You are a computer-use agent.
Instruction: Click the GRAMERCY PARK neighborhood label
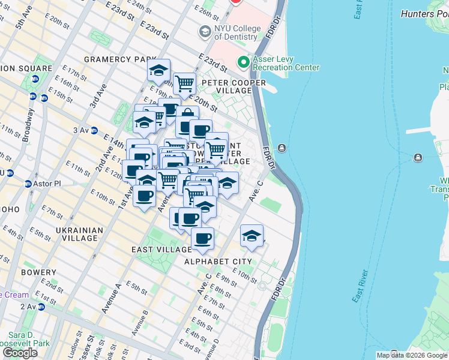point(116,59)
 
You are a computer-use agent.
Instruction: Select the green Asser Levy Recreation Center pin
point(244,62)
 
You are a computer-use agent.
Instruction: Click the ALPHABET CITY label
point(217,262)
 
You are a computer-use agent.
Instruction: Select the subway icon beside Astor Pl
point(28,183)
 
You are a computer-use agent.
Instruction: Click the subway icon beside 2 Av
point(41,307)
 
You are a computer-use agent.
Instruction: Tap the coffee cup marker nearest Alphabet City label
point(202,239)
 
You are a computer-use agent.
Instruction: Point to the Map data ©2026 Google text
point(412,355)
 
